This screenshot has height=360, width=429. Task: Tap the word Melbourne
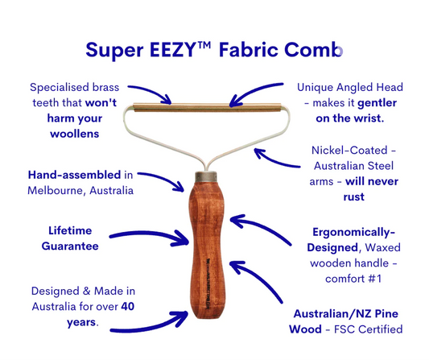(58, 190)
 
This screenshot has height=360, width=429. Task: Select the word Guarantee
(69, 246)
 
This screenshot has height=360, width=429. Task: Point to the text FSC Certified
(375, 329)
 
